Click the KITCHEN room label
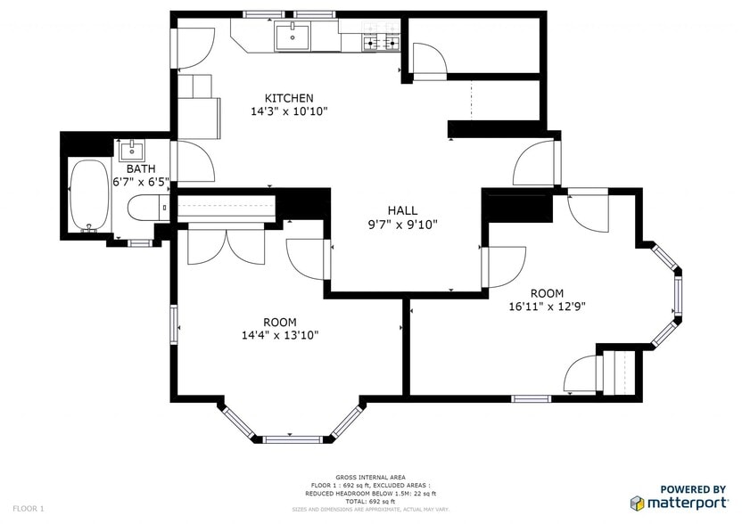point(289,97)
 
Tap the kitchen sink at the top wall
point(292,37)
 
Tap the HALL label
point(403,209)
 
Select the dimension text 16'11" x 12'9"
point(547,307)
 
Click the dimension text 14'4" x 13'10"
point(280,335)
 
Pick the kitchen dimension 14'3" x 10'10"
point(289,111)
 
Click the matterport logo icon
point(639,504)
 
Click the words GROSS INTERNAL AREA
point(367,477)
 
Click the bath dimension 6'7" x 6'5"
point(140,181)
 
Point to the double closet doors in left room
point(227,245)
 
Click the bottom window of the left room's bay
point(292,438)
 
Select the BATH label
point(140,168)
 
